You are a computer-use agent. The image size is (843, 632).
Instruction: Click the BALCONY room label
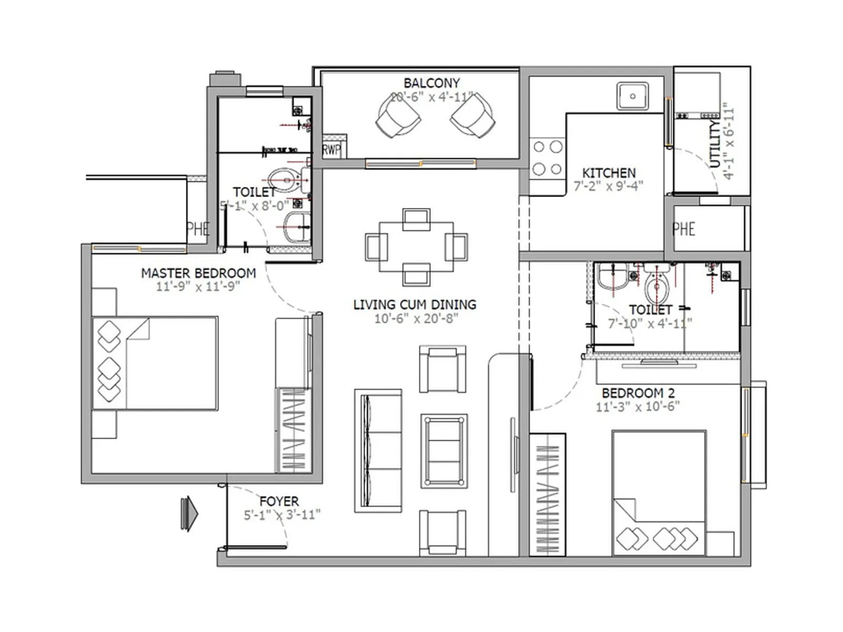(432, 83)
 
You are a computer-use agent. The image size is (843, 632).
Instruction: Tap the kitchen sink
(632, 96)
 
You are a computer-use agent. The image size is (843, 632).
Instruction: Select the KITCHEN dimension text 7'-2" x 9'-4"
(608, 186)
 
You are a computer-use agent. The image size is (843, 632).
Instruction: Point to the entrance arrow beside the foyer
(189, 513)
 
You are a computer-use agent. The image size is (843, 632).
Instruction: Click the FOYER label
(279, 501)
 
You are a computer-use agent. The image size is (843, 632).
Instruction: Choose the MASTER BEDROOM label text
(198, 273)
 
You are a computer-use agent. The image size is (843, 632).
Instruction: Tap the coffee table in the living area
(444, 451)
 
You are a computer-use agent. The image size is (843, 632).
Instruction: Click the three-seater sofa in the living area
(378, 450)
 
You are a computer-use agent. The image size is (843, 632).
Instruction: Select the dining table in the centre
(416, 246)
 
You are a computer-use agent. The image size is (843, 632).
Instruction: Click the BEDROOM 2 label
(638, 393)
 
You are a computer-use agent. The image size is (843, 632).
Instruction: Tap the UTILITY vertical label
(714, 143)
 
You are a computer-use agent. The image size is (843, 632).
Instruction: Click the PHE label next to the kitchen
(684, 229)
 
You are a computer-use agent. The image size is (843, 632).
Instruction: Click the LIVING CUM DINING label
(415, 305)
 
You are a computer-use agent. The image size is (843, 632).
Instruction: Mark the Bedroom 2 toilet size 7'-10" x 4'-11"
(650, 323)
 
